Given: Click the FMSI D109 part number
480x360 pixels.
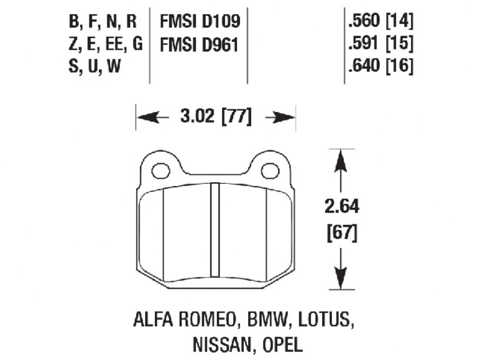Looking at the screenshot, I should point(199,22).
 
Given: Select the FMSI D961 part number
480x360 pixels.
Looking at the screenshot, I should point(199,45).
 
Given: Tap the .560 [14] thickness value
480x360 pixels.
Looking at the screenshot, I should point(380,22).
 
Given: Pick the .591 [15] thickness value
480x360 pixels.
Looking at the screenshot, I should point(380,44).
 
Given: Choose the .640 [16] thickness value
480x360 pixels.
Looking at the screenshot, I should point(380,67).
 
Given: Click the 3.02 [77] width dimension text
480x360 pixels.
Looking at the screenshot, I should point(215,117).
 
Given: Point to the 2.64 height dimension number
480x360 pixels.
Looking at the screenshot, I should point(341,207).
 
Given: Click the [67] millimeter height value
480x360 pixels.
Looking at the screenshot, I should point(341,234).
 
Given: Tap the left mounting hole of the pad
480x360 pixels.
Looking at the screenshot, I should point(160,171).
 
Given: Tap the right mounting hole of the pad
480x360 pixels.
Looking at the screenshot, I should point(268,171).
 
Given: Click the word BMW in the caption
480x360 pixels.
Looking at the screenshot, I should point(267,321).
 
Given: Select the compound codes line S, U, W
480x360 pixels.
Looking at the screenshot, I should point(94,67).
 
